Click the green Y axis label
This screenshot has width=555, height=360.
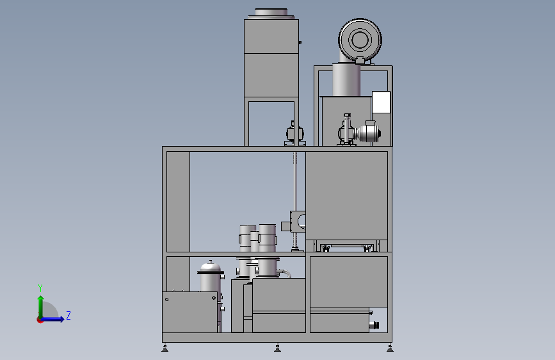[40, 288]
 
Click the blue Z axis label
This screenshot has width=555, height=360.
[68, 315]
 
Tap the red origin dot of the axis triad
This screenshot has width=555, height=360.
[40, 320]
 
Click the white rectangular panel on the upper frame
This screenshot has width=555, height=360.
[382, 102]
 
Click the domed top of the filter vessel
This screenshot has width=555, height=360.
[211, 265]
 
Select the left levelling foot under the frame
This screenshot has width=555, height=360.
[165, 348]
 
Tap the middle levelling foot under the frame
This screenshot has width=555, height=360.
[278, 348]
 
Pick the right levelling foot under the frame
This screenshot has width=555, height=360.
[390, 348]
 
